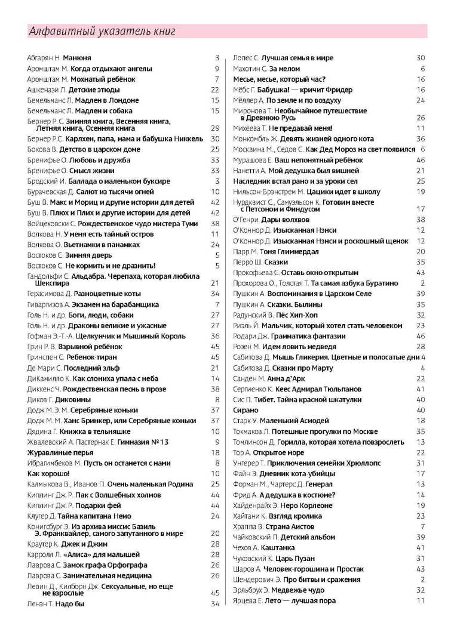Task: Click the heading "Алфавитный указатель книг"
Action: [x=102, y=32]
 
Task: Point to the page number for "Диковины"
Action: [x=217, y=399]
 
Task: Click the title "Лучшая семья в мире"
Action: [x=297, y=58]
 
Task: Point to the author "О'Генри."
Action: [x=246, y=219]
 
